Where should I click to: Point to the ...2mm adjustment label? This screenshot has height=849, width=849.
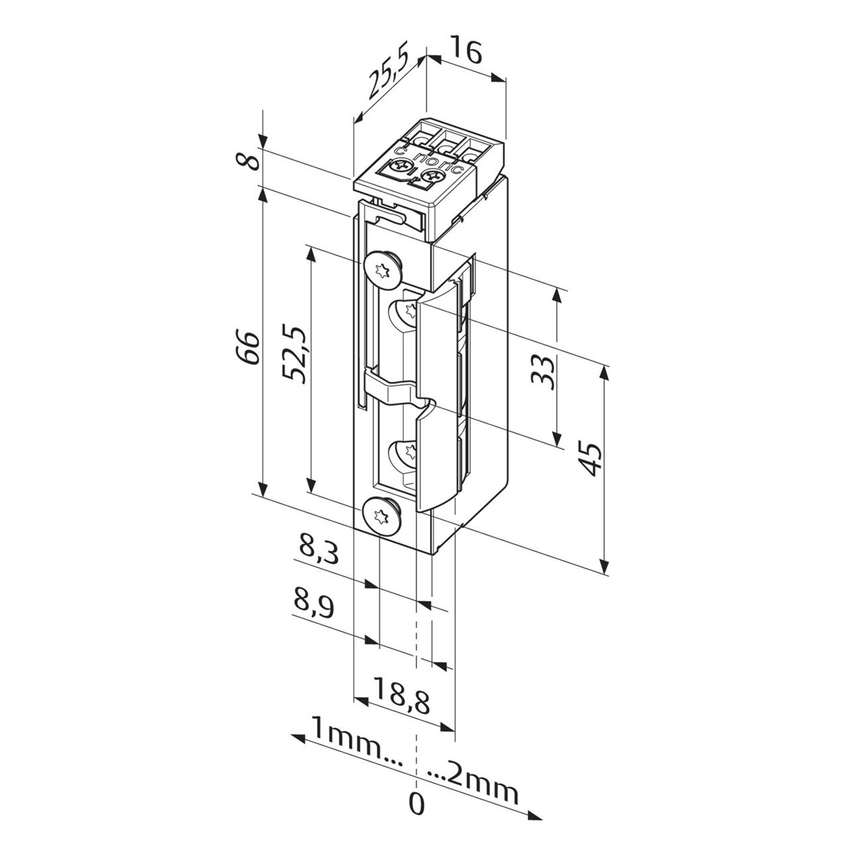[472, 785]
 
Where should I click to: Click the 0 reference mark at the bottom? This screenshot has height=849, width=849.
[416, 803]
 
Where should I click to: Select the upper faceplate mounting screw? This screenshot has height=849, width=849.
[382, 269]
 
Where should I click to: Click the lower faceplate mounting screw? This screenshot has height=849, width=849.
[381, 515]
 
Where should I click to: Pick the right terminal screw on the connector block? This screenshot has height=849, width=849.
[434, 177]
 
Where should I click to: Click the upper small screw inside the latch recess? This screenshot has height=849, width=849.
[409, 309]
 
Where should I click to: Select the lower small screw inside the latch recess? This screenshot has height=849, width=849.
[409, 452]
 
